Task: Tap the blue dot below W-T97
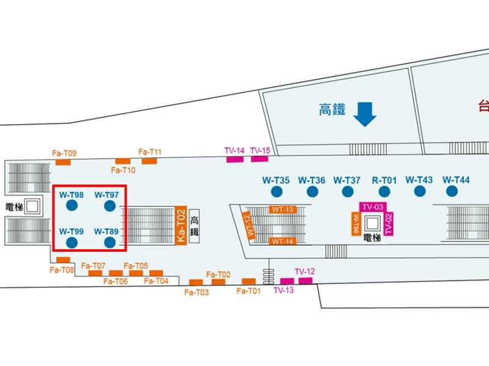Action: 109,206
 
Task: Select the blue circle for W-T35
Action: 276,192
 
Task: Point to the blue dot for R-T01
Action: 384,192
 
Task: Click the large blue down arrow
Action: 365,114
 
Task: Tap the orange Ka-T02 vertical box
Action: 180,225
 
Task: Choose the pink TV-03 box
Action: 373,207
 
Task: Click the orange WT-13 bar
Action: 283,210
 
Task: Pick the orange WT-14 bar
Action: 283,241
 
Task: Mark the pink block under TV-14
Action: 235,159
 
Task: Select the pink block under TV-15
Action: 259,159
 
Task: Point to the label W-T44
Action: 456,180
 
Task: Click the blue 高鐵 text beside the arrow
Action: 332,109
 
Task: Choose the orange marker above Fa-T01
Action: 249,281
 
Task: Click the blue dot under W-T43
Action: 419,191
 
